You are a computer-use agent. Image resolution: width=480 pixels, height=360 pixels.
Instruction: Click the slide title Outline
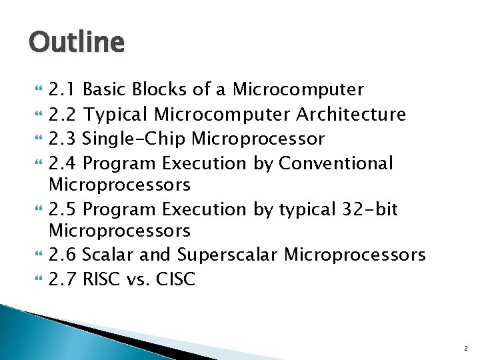pos(77,43)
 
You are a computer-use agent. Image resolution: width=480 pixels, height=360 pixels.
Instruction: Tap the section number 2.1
pos(64,89)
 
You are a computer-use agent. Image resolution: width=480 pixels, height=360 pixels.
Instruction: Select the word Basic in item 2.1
pos(106,89)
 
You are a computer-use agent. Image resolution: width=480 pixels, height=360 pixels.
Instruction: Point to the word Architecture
pos(351,115)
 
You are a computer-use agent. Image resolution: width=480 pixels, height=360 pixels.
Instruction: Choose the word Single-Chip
pos(135,139)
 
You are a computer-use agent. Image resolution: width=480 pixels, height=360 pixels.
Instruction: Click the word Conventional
pos(336,163)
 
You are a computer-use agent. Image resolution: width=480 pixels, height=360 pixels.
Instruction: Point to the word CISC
pos(175,279)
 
